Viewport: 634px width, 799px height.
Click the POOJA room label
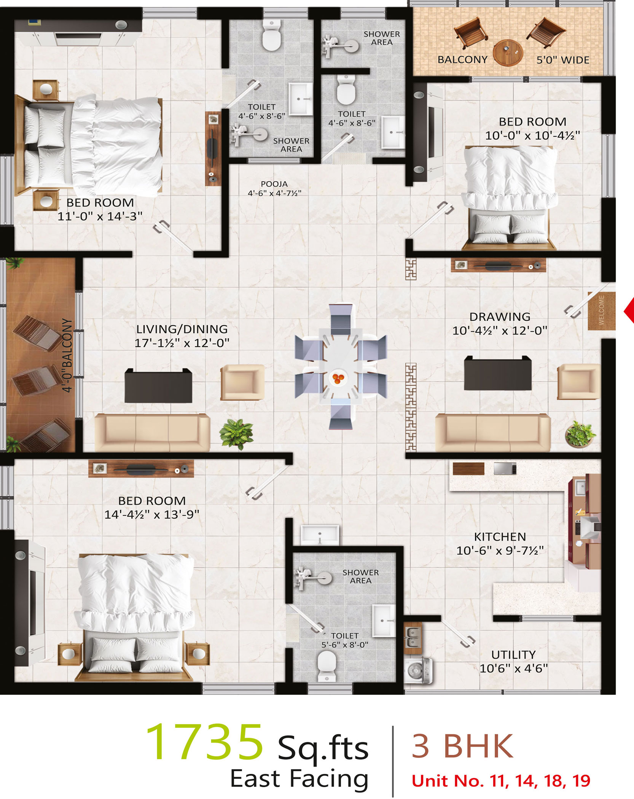pyautogui.click(x=274, y=184)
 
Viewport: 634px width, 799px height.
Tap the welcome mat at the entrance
pyautogui.click(x=601, y=311)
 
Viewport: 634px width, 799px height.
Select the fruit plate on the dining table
pyautogui.click(x=338, y=378)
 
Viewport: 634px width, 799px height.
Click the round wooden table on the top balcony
pyautogui.click(x=508, y=53)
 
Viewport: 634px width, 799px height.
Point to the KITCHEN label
pyautogui.click(x=500, y=537)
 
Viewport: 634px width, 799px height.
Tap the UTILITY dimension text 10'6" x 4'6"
pyautogui.click(x=513, y=668)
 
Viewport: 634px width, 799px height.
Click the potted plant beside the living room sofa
pyautogui.click(x=236, y=434)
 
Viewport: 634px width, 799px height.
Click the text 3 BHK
pyautogui.click(x=462, y=746)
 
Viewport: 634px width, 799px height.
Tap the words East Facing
pyautogui.click(x=299, y=779)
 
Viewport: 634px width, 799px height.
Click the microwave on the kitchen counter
pyautogui.click(x=505, y=468)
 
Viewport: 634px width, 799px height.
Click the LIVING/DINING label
pyautogui.click(x=182, y=329)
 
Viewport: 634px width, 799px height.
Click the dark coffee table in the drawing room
pyautogui.click(x=498, y=373)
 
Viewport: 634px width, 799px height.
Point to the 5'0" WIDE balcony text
pyautogui.click(x=563, y=60)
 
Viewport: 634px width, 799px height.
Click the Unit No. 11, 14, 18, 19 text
pyautogui.click(x=501, y=781)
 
